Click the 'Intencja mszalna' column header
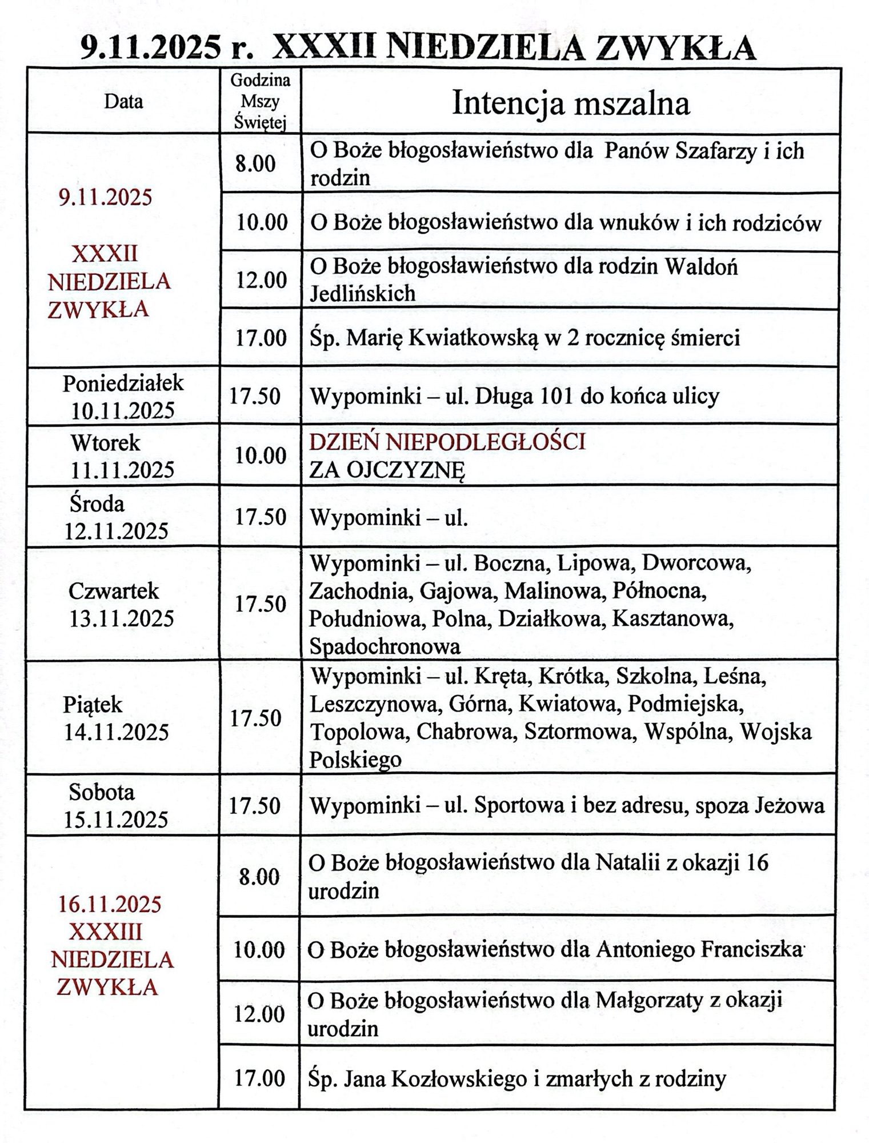(x=570, y=104)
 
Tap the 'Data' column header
(x=123, y=102)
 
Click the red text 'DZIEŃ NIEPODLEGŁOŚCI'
(x=447, y=442)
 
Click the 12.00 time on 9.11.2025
(x=262, y=280)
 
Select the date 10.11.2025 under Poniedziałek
(x=123, y=410)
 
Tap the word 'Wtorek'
(x=105, y=443)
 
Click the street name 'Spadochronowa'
(x=385, y=646)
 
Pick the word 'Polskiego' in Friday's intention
(x=355, y=760)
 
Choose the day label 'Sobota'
(x=102, y=792)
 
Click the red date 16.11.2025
(x=110, y=904)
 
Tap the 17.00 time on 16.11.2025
(x=259, y=1078)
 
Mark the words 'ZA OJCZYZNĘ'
(x=387, y=470)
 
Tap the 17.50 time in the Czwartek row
(x=261, y=604)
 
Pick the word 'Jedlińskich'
(x=362, y=293)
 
